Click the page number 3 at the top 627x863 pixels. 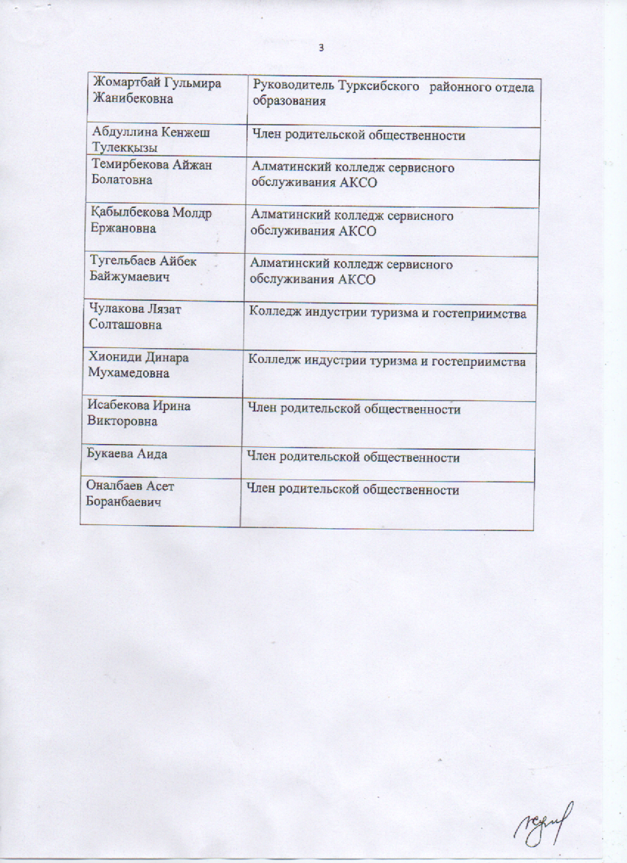pos(321,49)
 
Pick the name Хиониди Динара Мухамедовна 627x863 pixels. pos(139,365)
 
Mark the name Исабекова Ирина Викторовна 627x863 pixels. pos(139,413)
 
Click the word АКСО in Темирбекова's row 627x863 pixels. pos(356,183)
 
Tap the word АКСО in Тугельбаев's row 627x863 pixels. pos(356,280)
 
